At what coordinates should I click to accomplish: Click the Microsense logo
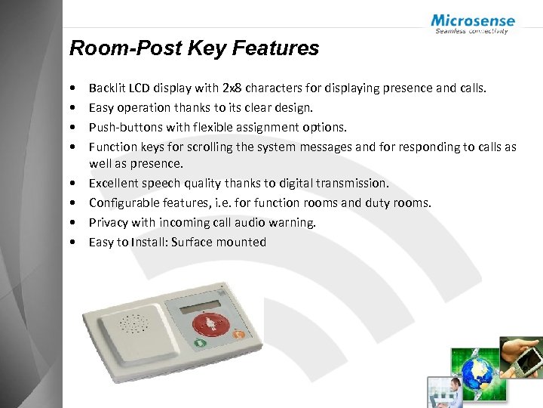(473, 23)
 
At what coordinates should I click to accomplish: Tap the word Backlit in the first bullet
(106, 88)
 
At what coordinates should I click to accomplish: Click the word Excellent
(114, 184)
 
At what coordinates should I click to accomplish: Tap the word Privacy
(109, 222)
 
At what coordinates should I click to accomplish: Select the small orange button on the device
(238, 334)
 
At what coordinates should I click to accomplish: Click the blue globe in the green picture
(478, 372)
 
